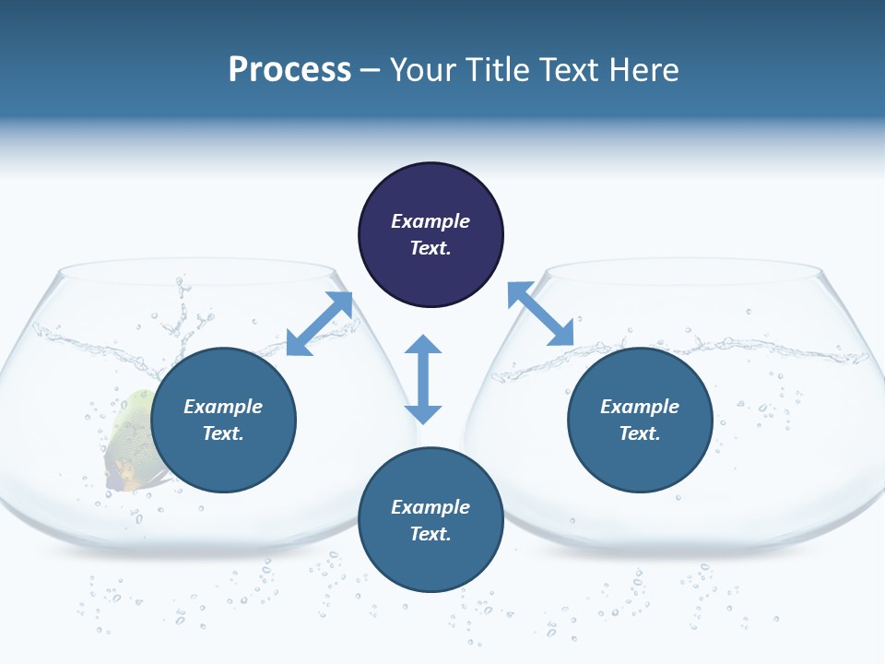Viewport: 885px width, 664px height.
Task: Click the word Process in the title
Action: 289,70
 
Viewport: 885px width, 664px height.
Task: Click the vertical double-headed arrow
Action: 423,379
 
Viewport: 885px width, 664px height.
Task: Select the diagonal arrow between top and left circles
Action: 320,323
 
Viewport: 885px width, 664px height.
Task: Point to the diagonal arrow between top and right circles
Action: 540,314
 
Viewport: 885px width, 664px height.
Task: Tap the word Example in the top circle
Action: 431,221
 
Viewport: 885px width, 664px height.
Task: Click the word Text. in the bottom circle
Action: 431,534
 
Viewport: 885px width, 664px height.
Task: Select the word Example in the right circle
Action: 640,407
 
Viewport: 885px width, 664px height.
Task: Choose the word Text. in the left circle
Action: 223,433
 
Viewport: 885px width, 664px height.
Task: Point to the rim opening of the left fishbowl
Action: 196,273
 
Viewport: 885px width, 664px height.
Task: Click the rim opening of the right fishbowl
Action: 682,273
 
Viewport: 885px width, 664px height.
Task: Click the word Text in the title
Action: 568,70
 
